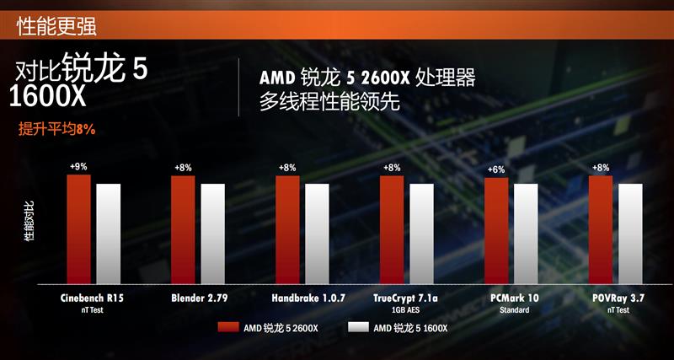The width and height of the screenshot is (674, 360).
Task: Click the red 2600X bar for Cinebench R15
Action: (x=78, y=229)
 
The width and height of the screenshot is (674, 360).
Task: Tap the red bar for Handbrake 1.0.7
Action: (x=287, y=230)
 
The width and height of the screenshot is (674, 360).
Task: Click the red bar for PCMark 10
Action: (x=496, y=232)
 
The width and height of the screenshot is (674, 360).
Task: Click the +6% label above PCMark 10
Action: (x=496, y=170)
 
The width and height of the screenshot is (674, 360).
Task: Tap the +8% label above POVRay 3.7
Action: (x=601, y=168)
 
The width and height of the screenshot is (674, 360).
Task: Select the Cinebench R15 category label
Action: (x=94, y=298)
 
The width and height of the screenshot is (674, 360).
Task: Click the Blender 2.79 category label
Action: (x=199, y=298)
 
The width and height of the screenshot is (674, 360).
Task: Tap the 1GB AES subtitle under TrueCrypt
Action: (x=406, y=310)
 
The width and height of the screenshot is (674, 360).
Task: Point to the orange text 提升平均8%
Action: (x=57, y=130)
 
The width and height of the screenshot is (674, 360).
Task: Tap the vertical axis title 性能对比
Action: (x=30, y=223)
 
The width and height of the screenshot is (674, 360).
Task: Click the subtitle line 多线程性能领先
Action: (x=329, y=102)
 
